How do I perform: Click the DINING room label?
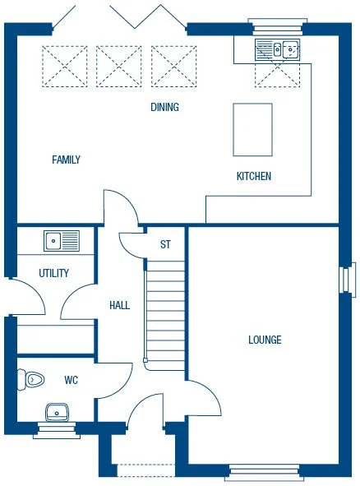tap(164, 108)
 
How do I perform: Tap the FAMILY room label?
tap(66, 160)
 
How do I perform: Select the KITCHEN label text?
tap(253, 176)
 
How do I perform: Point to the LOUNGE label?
tap(265, 340)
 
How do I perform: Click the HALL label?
tap(119, 305)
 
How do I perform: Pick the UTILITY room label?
tap(53, 273)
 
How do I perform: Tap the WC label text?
tap(71, 381)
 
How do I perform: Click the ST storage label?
tap(165, 244)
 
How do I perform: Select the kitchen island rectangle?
tap(252, 129)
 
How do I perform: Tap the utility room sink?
tap(61, 241)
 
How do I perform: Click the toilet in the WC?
tap(31, 380)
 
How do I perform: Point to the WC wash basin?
tap(57, 411)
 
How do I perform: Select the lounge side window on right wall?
tap(348, 280)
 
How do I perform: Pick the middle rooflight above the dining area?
tap(118, 66)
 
